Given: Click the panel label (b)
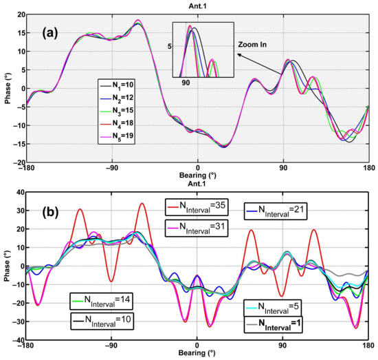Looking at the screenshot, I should coord(53,213).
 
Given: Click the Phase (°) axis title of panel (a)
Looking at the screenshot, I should coord(5,89).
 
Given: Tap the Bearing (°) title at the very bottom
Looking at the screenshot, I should coord(197,354).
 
